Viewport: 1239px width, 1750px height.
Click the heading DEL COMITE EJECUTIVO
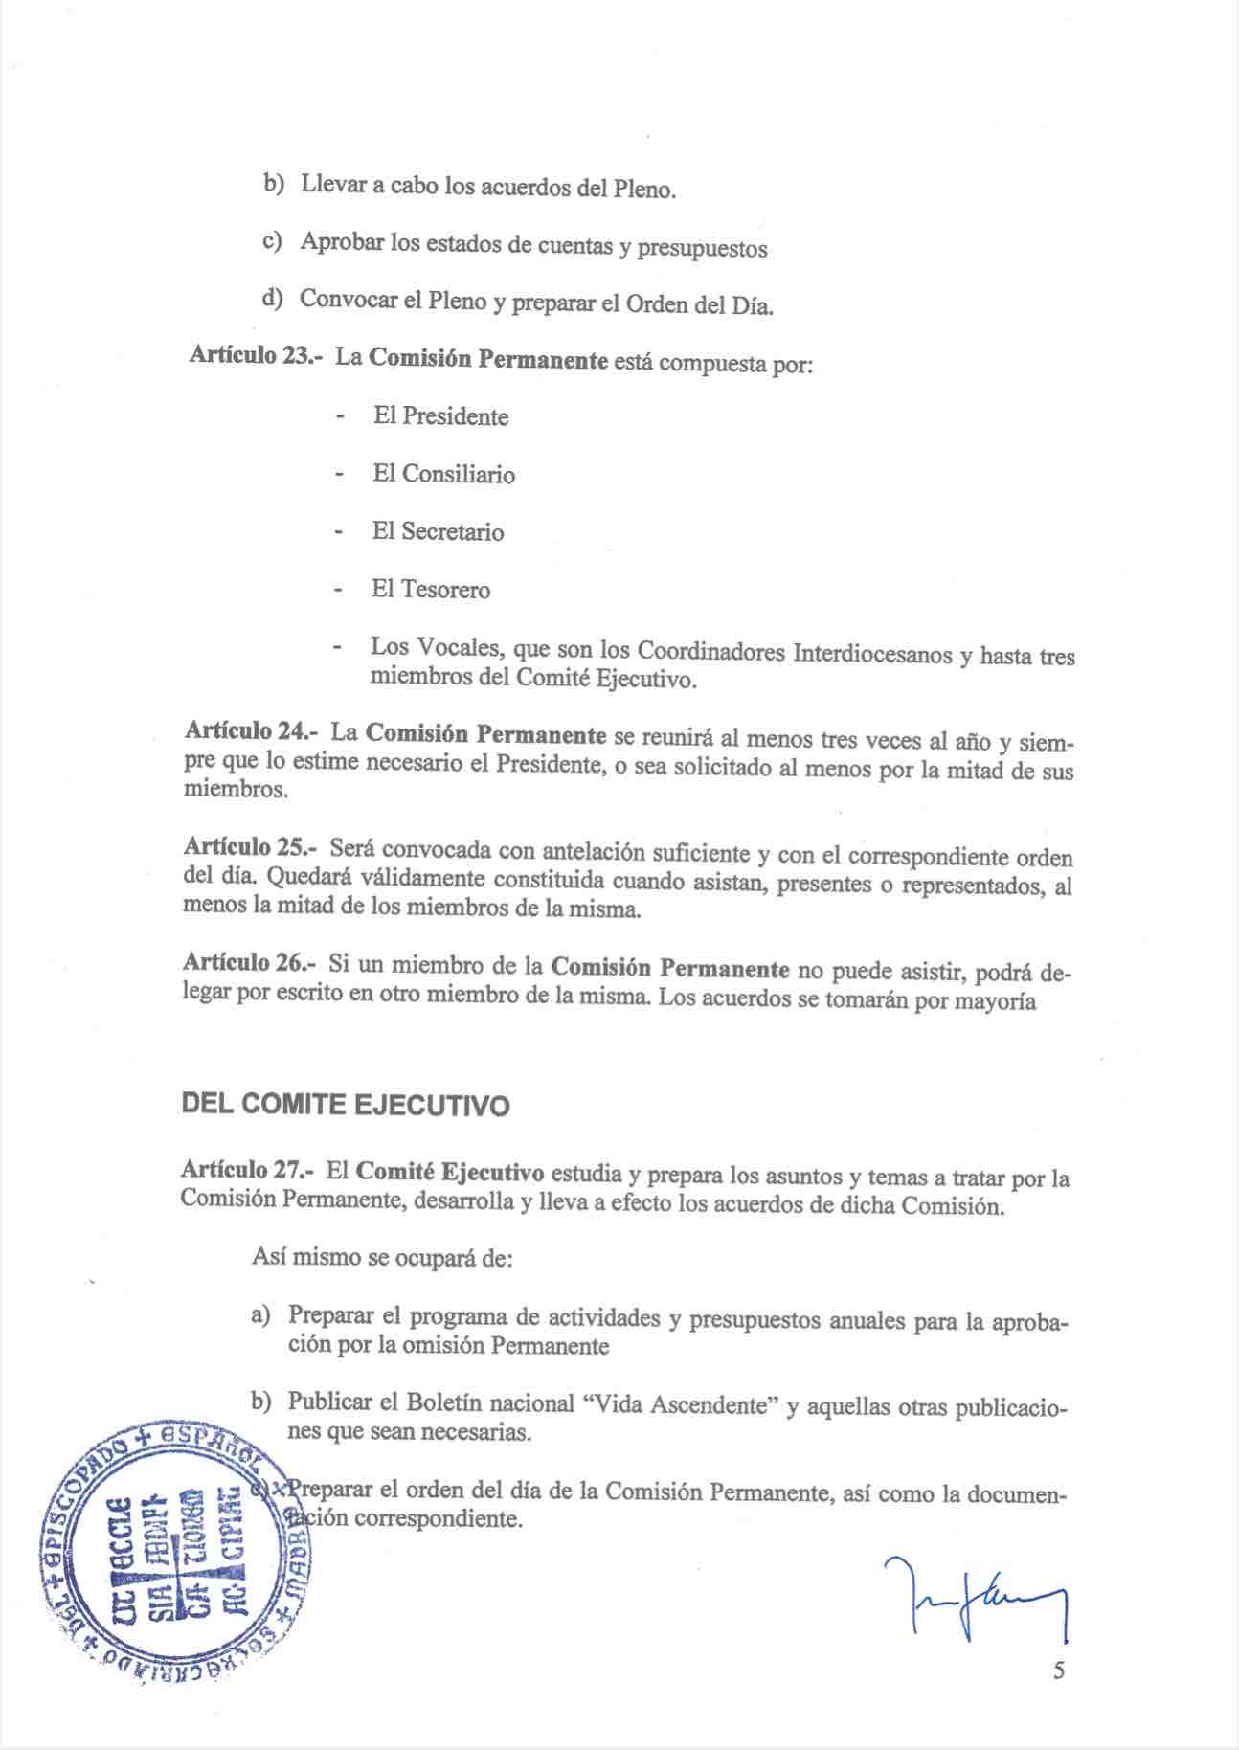pyautogui.click(x=345, y=1105)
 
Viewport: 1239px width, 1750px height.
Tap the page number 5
pyautogui.click(x=1058, y=1671)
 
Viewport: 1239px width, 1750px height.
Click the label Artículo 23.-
pyautogui.click(x=256, y=354)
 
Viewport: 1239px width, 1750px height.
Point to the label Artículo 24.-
pyautogui.click(x=251, y=731)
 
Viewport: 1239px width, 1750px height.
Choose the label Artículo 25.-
pyautogui.click(x=250, y=846)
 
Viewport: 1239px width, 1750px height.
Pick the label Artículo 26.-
pyautogui.click(x=250, y=961)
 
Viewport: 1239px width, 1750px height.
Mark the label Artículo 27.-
pyautogui.click(x=247, y=1169)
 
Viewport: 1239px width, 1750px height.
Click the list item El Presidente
pyautogui.click(x=440, y=416)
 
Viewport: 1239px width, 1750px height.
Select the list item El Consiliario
pyautogui.click(x=443, y=474)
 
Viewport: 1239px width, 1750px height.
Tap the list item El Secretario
pyautogui.click(x=438, y=531)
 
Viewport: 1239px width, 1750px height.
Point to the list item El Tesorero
pyautogui.click(x=431, y=589)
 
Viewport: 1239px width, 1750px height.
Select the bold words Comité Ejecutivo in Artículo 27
pyautogui.click(x=450, y=1172)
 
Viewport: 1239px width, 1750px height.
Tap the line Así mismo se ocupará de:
pyautogui.click(x=383, y=1257)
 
